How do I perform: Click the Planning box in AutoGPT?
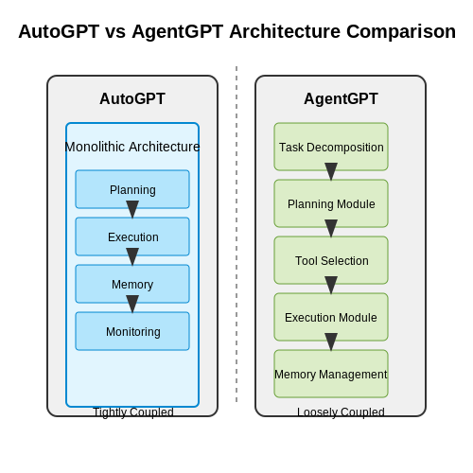[132, 189]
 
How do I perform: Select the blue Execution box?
[132, 236]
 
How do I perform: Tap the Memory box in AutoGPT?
[132, 284]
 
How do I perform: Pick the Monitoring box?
[132, 331]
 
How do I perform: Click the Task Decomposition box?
[331, 147]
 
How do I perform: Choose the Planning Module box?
[331, 203]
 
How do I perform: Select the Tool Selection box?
[331, 260]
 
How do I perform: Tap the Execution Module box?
[331, 317]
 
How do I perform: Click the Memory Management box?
[331, 374]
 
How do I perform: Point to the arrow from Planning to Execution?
[132, 209]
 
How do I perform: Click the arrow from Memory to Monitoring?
[132, 304]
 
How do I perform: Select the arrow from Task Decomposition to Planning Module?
[331, 171]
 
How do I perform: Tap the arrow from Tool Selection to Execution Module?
[331, 285]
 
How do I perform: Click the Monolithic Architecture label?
[132, 147]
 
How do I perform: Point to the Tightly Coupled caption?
[133, 412]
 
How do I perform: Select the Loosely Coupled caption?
[341, 412]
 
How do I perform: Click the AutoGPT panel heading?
[132, 98]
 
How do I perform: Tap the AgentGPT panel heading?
[341, 98]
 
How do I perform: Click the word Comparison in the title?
[401, 31]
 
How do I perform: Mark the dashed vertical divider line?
[236, 234]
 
